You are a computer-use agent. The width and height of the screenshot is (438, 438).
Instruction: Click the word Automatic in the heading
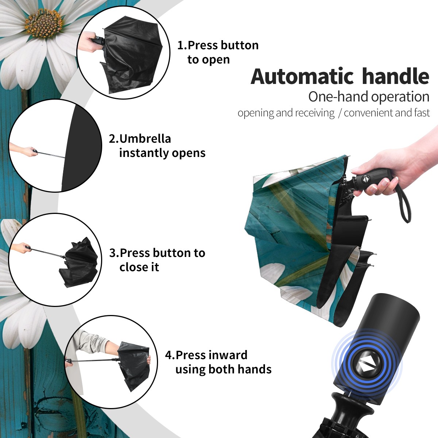(x=302, y=76)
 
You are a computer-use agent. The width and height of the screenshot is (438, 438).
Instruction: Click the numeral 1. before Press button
(x=182, y=45)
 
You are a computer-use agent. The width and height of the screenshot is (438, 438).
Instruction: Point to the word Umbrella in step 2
(x=145, y=139)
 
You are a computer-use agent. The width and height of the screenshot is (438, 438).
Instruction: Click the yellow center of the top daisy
(x=44, y=24)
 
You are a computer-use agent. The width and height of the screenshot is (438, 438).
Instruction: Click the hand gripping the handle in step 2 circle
(x=25, y=150)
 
